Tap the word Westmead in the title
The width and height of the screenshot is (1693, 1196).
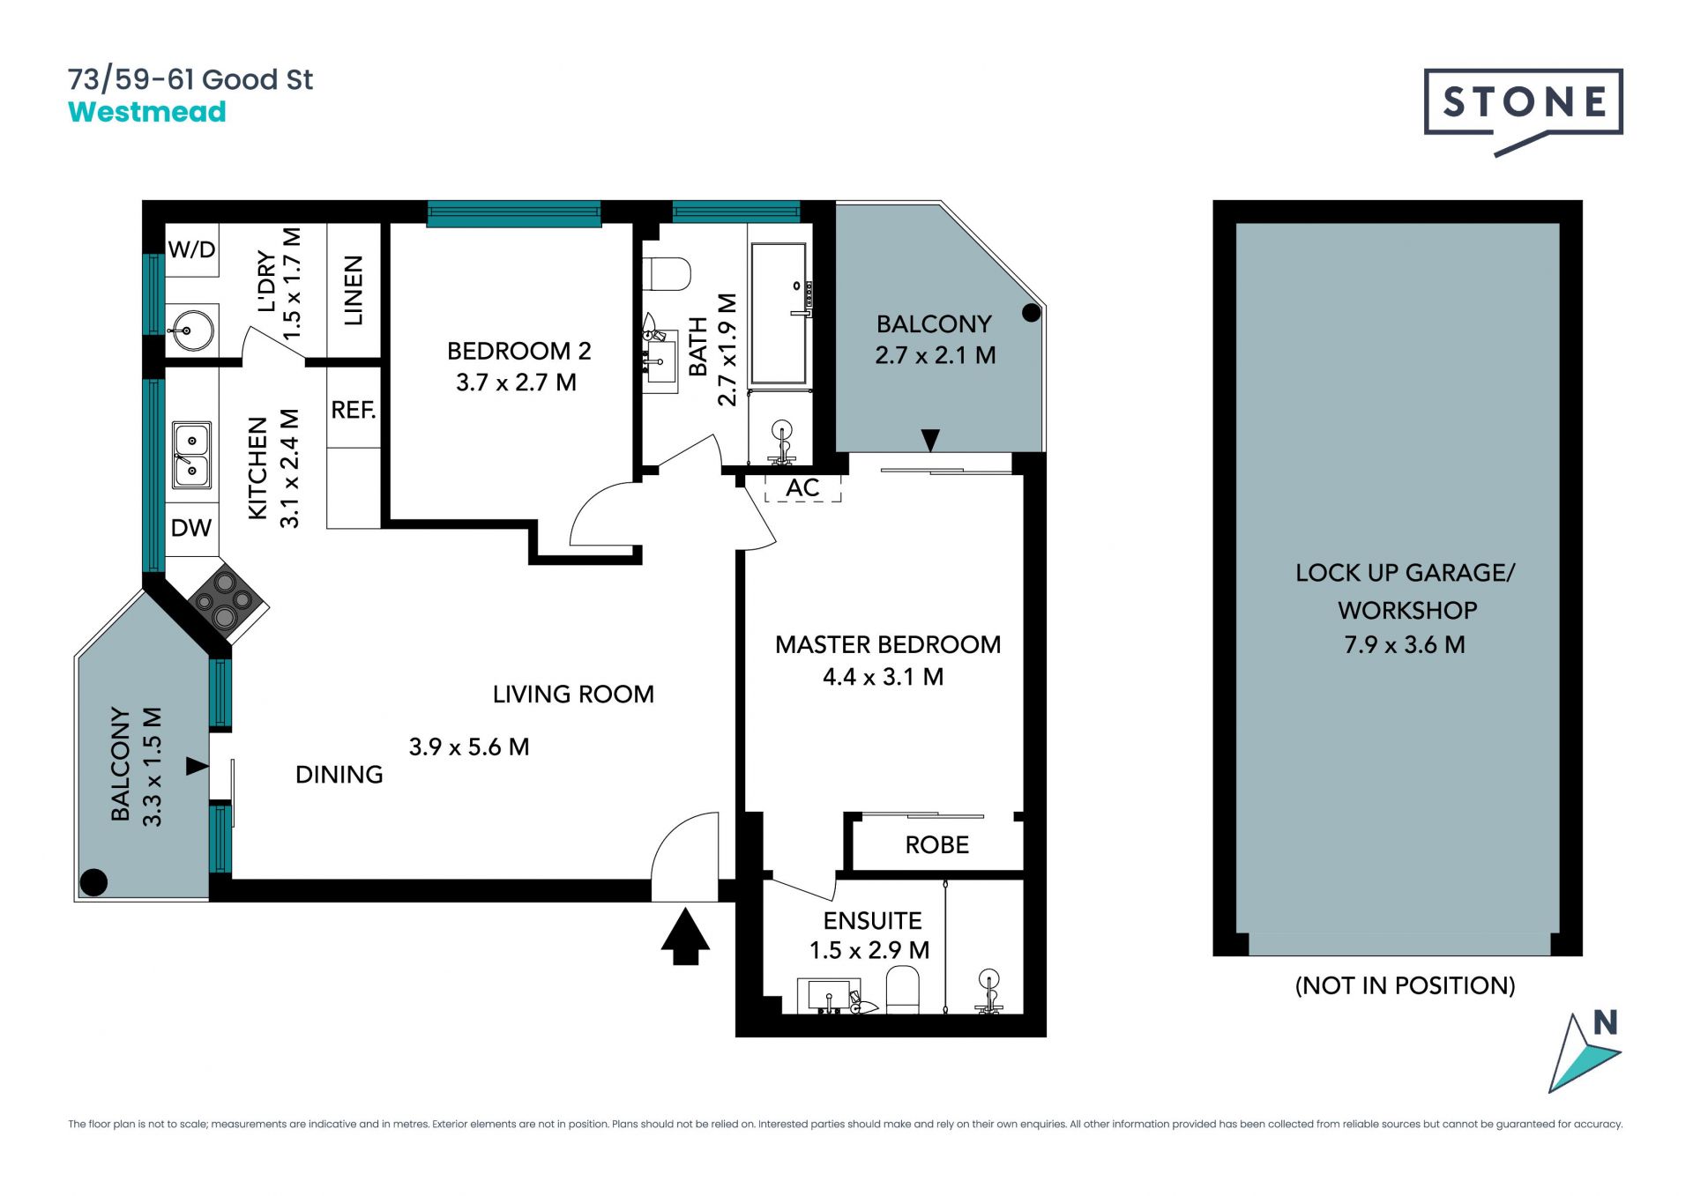click(x=147, y=112)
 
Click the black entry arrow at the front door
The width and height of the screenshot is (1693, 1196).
click(x=685, y=937)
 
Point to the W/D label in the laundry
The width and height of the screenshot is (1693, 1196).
click(x=191, y=249)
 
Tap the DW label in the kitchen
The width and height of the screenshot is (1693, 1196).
click(x=191, y=528)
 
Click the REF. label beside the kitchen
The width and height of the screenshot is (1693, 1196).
click(x=354, y=410)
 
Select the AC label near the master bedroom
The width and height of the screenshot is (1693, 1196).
click(x=802, y=487)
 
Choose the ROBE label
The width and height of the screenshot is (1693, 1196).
click(x=937, y=845)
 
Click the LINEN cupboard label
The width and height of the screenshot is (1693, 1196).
click(x=354, y=290)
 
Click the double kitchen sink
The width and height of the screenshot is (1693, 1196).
click(x=191, y=455)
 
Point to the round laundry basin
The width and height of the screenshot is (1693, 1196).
click(x=191, y=331)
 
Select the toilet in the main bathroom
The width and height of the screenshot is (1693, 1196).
click(x=667, y=274)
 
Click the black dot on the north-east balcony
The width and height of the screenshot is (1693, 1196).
click(x=1032, y=312)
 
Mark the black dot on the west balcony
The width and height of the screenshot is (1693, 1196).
click(x=93, y=881)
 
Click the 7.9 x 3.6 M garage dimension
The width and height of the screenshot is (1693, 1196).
click(x=1405, y=645)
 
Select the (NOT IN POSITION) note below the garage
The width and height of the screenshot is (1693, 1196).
click(x=1406, y=985)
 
